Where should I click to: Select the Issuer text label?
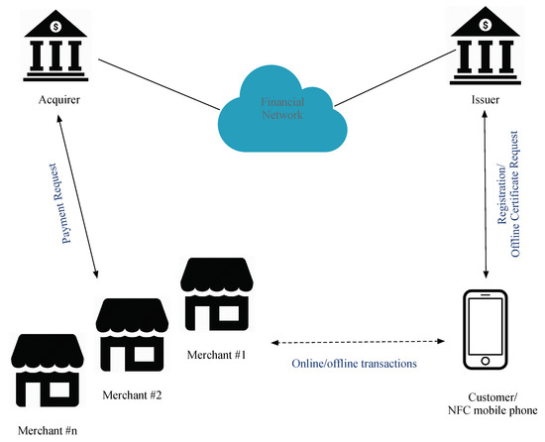pos(484,100)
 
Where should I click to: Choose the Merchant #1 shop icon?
pos(218,294)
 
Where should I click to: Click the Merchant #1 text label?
pos(221,354)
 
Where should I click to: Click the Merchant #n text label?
pos(46,432)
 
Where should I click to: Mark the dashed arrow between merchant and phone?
pos(355,343)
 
